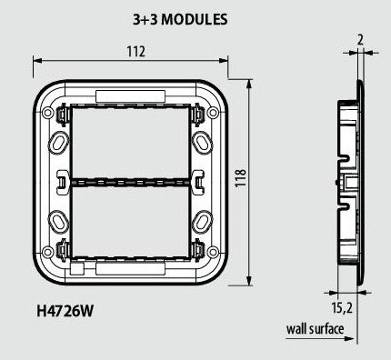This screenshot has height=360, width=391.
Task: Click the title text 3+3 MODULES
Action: click(180, 20)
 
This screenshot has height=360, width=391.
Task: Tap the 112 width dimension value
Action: click(136, 52)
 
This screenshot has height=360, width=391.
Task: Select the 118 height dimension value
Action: click(241, 178)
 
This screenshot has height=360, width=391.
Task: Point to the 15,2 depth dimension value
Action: click(342, 308)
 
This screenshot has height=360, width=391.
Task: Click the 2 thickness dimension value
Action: click(360, 40)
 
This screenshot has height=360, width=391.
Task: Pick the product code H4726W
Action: click(65, 311)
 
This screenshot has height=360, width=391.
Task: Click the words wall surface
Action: click(316, 329)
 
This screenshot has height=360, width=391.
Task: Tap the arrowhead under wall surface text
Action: click(350, 338)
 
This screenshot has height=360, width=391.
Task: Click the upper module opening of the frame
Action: click(130, 143)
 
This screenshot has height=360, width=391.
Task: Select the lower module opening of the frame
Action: click(130, 221)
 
